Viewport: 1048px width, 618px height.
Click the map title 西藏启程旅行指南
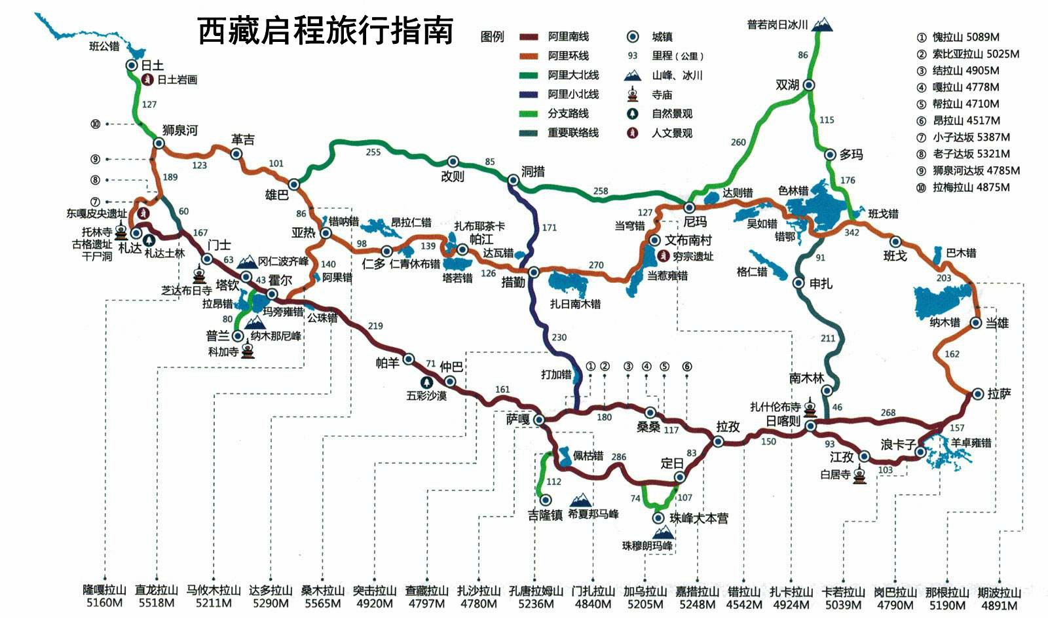pyautogui.click(x=325, y=31)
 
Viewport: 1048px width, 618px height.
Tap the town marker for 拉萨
pyautogui.click(x=977, y=394)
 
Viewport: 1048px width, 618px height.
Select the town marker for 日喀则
pyautogui.click(x=810, y=426)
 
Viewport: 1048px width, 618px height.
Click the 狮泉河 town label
pyautogui.click(x=179, y=130)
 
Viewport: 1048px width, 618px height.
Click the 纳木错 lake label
pyautogui.click(x=945, y=322)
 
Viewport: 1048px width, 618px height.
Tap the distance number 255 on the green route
pyautogui.click(x=373, y=152)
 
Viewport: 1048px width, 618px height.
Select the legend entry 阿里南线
pyautogui.click(x=568, y=37)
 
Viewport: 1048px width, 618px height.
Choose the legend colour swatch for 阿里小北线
pyautogui.click(x=529, y=94)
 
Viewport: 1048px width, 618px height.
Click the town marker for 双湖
pyautogui.click(x=809, y=85)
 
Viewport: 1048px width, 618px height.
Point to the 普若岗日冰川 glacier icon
pyautogui.click(x=822, y=25)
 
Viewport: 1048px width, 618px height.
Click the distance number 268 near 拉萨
pyautogui.click(x=888, y=412)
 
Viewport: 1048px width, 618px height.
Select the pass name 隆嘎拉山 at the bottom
pyautogui.click(x=105, y=591)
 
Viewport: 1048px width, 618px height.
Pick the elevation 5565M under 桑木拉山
pyautogui.click(x=322, y=604)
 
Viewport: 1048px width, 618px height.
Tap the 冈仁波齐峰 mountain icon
pyautogui.click(x=248, y=263)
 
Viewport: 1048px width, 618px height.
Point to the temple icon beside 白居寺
pyautogui.click(x=860, y=475)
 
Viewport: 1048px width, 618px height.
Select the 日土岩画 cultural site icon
pyautogui.click(x=148, y=80)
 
